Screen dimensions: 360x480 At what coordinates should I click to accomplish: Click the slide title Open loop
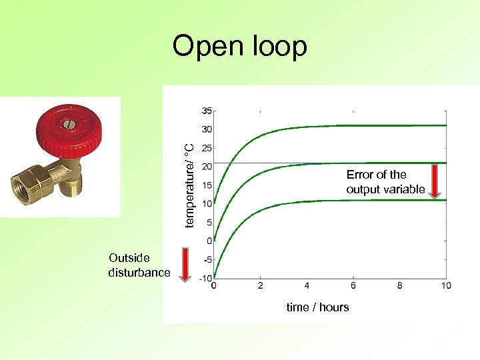(239, 47)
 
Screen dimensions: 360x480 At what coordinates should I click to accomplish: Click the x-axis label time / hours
(317, 307)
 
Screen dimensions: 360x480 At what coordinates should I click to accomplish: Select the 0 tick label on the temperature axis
(209, 241)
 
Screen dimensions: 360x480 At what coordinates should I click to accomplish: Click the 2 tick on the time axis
(260, 285)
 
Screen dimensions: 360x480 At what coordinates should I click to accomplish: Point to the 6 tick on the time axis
(353, 285)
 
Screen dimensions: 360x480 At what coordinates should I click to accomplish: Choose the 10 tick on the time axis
(446, 285)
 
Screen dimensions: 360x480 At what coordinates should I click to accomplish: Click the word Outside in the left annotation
(129, 258)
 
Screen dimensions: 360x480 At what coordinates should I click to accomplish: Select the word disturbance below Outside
(139, 273)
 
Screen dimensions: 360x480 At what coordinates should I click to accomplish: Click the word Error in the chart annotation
(359, 175)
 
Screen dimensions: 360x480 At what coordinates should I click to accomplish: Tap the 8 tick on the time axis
(399, 285)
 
